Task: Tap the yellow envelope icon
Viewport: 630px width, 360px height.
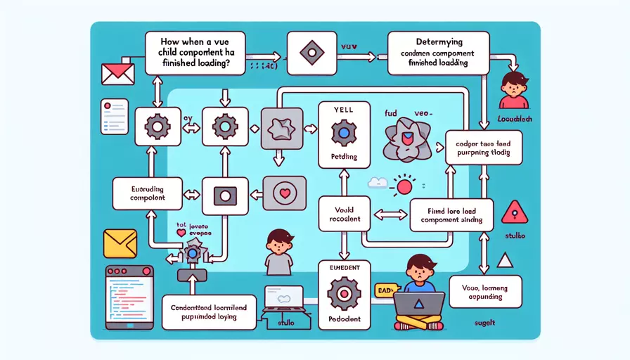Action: (119, 243)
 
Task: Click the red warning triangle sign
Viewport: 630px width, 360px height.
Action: (515, 210)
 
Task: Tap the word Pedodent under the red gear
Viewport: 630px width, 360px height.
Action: (345, 319)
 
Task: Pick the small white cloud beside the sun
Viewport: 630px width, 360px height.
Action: (378, 183)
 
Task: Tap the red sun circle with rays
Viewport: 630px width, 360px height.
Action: (404, 187)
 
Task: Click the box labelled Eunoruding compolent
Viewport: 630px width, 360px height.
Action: (148, 193)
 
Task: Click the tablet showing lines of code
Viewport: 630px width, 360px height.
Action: (128, 297)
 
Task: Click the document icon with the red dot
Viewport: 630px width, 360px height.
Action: (114, 116)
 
